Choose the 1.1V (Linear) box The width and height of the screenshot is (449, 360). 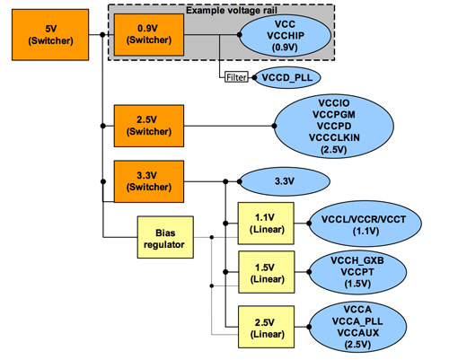263,224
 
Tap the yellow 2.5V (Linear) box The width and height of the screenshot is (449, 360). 263,327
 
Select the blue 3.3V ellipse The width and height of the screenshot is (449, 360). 284,181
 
